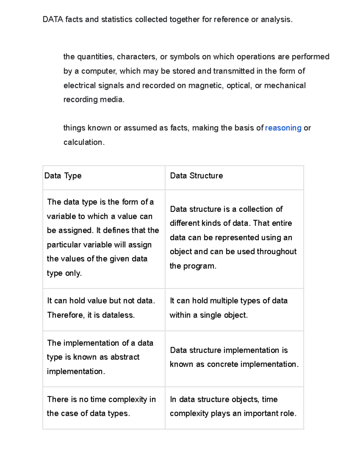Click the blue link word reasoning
click(x=283, y=128)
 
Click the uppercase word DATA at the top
click(x=53, y=20)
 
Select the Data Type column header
click(x=63, y=176)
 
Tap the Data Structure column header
click(x=196, y=176)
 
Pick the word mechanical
click(x=285, y=86)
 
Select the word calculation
click(x=84, y=142)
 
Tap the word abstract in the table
click(x=125, y=357)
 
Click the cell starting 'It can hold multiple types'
click(x=234, y=308)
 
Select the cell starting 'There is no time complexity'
click(x=103, y=406)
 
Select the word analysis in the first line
click(x=276, y=20)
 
